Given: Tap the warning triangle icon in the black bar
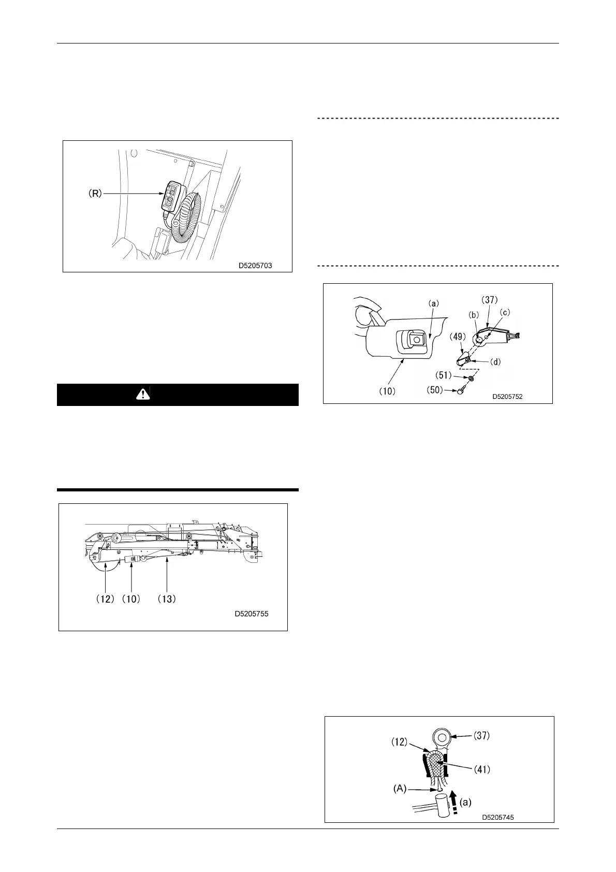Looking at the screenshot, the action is [141, 395].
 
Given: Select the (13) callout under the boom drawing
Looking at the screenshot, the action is [167, 599].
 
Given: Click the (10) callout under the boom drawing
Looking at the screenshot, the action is [131, 599].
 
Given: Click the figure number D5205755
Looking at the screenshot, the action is [252, 614].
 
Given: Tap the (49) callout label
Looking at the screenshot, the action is [458, 337].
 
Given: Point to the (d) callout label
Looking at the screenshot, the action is [495, 361].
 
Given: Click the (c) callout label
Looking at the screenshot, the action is [504, 313].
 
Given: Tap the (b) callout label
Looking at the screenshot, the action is [473, 314].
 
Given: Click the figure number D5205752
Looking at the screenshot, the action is [507, 397].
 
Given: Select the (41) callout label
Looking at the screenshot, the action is [482, 769].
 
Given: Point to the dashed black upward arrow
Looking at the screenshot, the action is [454, 802].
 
